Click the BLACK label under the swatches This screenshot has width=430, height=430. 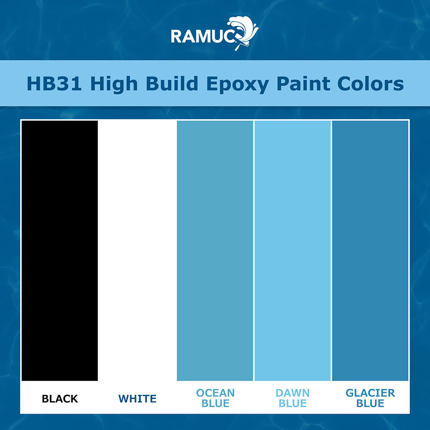pos(60,399)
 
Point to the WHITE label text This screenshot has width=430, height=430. pos(138,399)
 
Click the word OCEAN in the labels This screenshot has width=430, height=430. pos(215,393)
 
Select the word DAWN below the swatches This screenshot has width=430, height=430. pos(292,393)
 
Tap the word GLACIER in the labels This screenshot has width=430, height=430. pos(370,393)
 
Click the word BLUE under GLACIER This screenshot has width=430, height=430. pos(370,404)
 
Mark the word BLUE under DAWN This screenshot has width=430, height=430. pos(292,404)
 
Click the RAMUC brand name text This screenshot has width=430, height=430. pos(202,36)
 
